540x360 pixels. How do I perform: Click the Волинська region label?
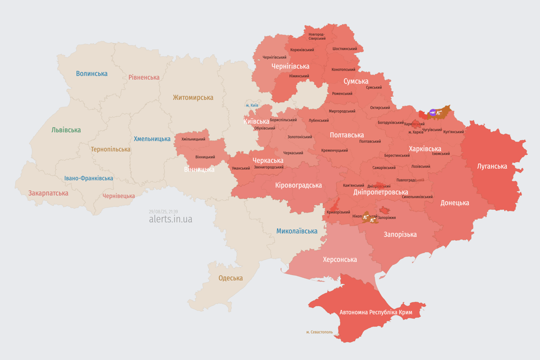click(x=91, y=74)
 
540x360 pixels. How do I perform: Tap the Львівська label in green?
click(x=66, y=130)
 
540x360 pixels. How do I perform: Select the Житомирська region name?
click(x=193, y=97)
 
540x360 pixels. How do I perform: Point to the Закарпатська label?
click(x=48, y=193)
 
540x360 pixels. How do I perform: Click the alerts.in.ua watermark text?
click(x=170, y=219)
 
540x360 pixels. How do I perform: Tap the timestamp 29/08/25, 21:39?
click(x=163, y=212)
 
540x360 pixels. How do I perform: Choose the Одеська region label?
click(x=231, y=278)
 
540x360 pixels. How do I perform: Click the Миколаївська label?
click(x=297, y=231)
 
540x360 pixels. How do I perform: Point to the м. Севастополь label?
click(x=319, y=332)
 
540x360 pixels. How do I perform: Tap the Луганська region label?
click(x=492, y=166)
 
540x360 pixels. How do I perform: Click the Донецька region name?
click(x=455, y=203)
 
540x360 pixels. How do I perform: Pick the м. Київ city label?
click(x=252, y=105)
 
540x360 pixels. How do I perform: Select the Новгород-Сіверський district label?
click(x=317, y=36)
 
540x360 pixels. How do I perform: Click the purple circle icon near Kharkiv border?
click(x=433, y=112)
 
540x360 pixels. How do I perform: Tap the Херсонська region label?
click(x=340, y=260)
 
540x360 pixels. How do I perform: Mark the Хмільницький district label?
click(x=193, y=139)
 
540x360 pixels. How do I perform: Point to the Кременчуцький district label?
click(x=335, y=150)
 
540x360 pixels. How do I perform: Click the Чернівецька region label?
click(x=119, y=196)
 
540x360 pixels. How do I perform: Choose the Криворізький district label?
click(x=338, y=212)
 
